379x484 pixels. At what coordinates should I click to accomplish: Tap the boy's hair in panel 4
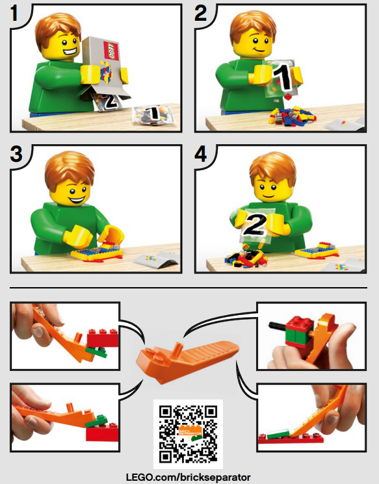pyautogui.click(x=273, y=166)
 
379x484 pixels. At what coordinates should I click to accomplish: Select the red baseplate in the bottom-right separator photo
pyautogui.click(x=290, y=438)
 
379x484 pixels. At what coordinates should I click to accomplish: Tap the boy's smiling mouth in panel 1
pyautogui.click(x=66, y=49)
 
